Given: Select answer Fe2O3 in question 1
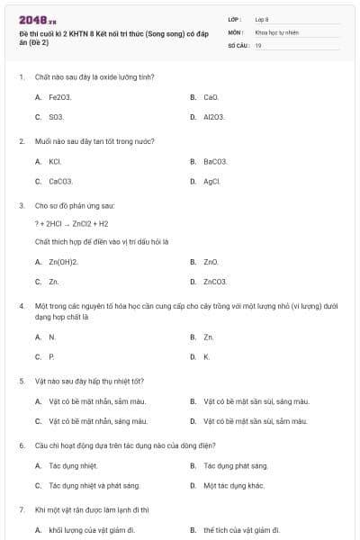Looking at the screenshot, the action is click(61, 97).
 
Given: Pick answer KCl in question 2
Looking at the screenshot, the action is click(55, 161).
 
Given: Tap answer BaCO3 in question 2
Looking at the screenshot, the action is click(215, 161).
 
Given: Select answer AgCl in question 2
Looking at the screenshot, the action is click(212, 181).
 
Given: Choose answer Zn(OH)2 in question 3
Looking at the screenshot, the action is click(64, 262).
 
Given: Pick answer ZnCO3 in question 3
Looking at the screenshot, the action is click(216, 282).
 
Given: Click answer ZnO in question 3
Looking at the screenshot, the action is click(211, 262).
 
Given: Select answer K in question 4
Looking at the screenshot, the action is click(206, 357).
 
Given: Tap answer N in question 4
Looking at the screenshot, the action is click(52, 337).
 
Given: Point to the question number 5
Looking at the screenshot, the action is click(21, 381).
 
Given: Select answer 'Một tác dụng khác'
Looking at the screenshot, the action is click(234, 485).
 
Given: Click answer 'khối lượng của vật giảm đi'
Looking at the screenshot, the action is click(92, 530).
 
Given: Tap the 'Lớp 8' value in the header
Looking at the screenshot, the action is click(261, 19).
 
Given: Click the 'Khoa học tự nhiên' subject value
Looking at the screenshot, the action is click(274, 31).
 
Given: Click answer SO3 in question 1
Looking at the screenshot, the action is click(57, 117).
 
